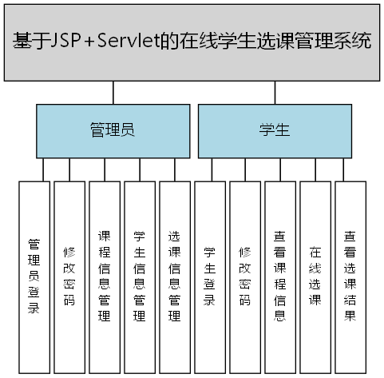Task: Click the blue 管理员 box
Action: [x=112, y=131]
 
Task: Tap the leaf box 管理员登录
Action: [x=34, y=276]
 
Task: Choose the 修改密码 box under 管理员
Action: [x=69, y=276]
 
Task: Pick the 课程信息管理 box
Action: [x=104, y=276]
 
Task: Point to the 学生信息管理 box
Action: [x=139, y=276]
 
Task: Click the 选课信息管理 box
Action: [x=174, y=276]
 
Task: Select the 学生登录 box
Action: [x=209, y=276]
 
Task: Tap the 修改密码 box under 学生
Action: [x=244, y=276]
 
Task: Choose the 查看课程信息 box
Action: [x=279, y=276]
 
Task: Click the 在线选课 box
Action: [x=315, y=276]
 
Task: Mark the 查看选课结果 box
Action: [x=350, y=276]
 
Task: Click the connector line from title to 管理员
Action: [x=113, y=93]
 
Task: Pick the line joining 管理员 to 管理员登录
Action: [x=44, y=169]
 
